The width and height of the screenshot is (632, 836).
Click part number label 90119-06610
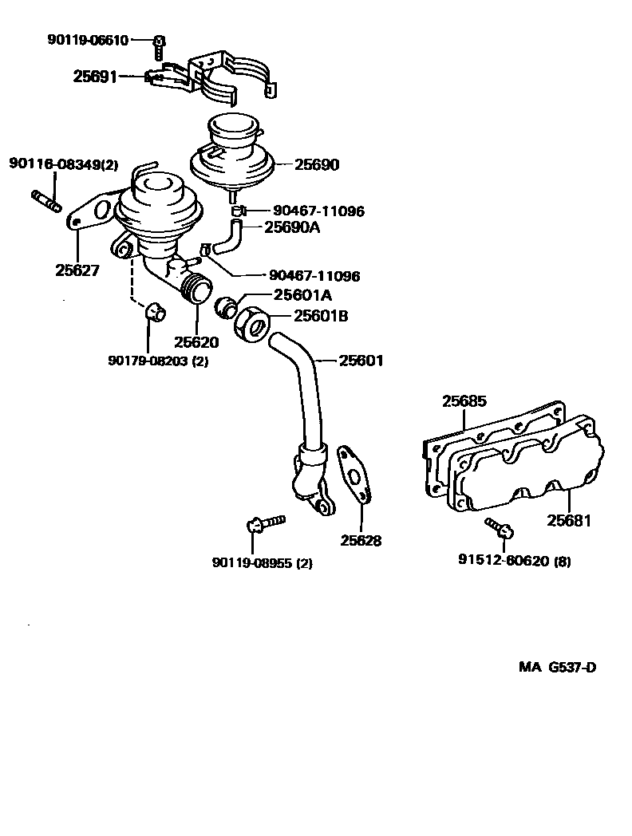(x=89, y=40)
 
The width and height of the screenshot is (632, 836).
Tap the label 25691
(x=95, y=77)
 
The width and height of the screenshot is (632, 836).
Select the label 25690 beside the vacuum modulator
(x=317, y=165)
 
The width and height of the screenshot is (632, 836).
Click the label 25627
(x=77, y=270)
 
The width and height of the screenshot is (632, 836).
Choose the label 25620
(x=196, y=342)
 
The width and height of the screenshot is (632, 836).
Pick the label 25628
(x=361, y=540)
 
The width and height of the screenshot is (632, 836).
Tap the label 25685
(x=464, y=401)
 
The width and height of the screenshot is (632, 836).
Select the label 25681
(x=569, y=521)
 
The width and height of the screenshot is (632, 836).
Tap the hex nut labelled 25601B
(x=252, y=322)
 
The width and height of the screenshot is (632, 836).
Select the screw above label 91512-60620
(x=500, y=526)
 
